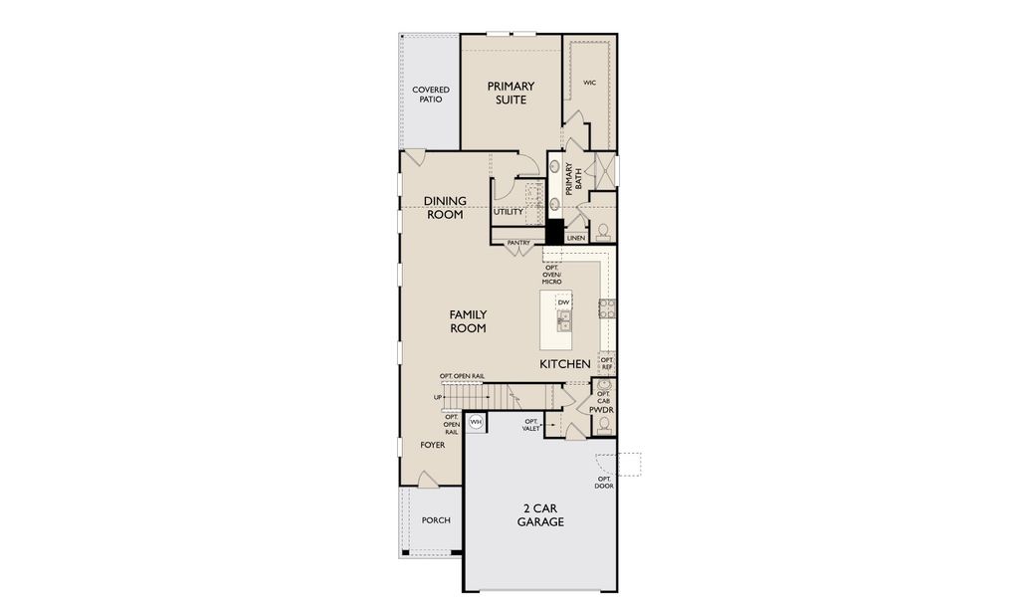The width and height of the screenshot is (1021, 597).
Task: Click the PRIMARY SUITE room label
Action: [x=510, y=93]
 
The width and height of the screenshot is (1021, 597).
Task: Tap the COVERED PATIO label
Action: [x=431, y=95]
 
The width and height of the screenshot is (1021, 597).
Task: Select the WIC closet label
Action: [x=589, y=83]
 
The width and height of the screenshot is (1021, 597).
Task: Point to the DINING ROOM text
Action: [x=445, y=207]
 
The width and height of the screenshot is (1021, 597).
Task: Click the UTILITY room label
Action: [x=508, y=212]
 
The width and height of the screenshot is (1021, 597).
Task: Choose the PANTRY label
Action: [x=518, y=243]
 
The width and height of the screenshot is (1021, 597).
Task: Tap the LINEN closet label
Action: [x=575, y=238]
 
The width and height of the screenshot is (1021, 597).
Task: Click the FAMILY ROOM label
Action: [x=468, y=321]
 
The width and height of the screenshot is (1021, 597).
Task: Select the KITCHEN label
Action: [x=564, y=364]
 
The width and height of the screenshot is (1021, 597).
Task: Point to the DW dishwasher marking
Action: [x=564, y=302]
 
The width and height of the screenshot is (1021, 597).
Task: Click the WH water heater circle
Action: [x=476, y=422]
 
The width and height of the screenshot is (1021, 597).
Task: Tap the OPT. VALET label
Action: [x=531, y=425]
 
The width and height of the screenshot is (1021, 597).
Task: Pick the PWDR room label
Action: [x=601, y=410]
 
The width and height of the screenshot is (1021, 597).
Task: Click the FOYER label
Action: [x=432, y=445]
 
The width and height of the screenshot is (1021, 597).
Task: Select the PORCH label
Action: [x=436, y=520]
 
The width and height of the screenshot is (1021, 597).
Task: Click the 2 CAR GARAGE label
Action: [x=540, y=515]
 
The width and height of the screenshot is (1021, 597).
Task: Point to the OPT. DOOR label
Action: [x=604, y=483]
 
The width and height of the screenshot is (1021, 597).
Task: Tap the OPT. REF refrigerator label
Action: [x=607, y=363]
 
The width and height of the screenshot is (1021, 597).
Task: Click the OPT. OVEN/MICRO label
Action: [x=551, y=274]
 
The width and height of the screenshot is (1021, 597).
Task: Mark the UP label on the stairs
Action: [x=438, y=397]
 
